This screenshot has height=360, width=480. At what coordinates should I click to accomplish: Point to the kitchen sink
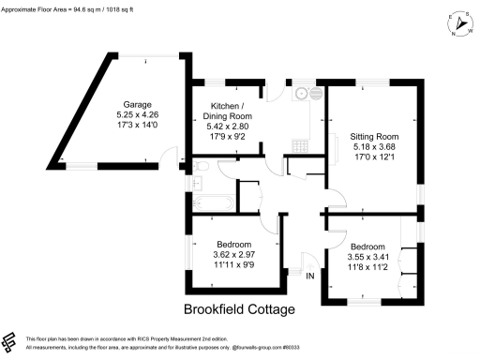(302, 93)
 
